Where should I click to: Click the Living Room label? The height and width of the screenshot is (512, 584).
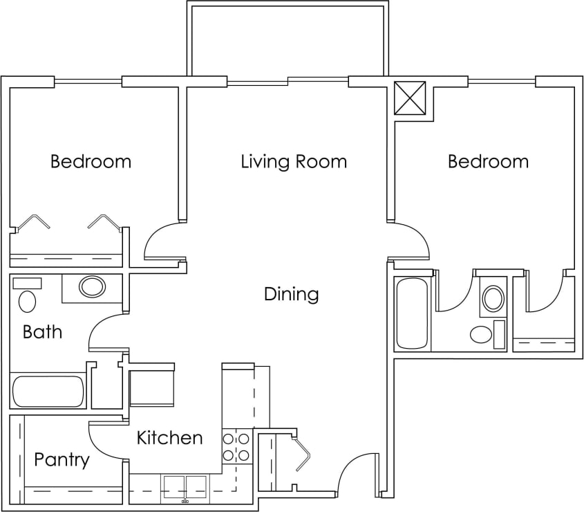tap(294, 162)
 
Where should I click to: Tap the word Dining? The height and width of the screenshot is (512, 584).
tap(291, 294)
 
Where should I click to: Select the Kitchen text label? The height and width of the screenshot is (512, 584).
tap(169, 438)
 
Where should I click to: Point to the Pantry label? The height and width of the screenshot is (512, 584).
tap(62, 460)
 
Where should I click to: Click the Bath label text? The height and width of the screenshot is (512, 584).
tap(42, 332)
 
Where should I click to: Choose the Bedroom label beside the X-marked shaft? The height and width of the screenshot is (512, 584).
tap(488, 162)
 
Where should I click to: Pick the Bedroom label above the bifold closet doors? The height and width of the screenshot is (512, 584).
tap(91, 162)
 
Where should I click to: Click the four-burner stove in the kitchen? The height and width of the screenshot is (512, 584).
tap(236, 447)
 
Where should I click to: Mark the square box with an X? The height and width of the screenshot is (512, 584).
tap(410, 98)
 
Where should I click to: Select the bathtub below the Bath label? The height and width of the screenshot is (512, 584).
tap(48, 392)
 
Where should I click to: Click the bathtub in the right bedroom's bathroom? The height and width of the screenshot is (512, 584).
tap(412, 313)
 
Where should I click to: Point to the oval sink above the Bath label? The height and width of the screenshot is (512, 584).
tap(92, 286)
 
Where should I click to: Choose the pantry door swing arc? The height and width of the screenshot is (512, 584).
tap(105, 437)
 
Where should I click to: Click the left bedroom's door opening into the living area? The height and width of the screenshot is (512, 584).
tap(164, 241)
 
